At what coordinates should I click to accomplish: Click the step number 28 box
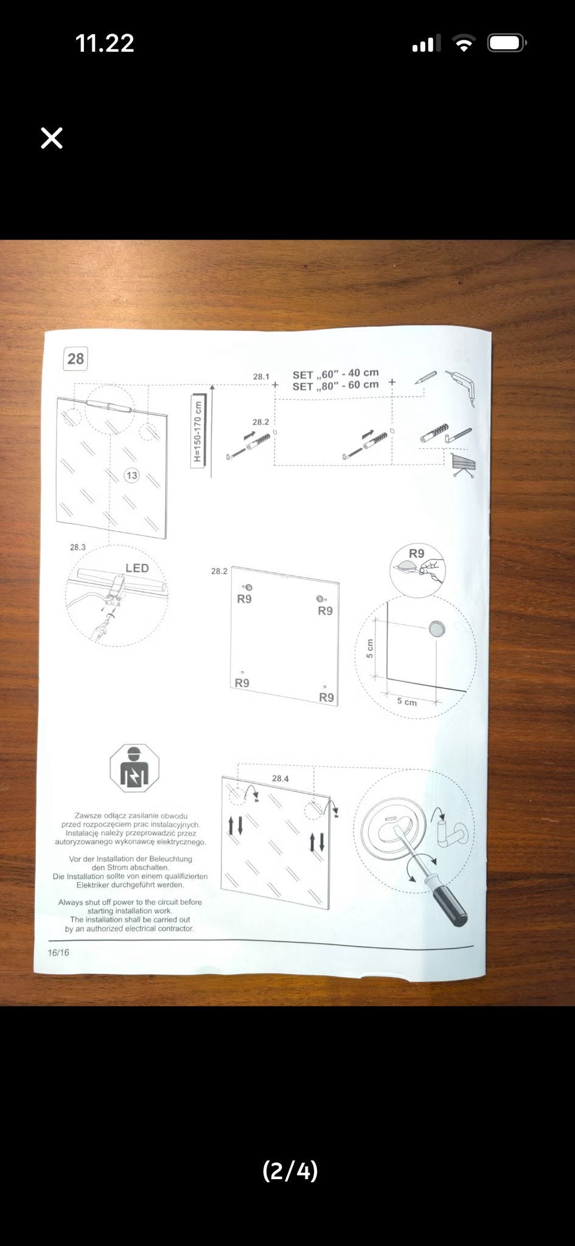[x=75, y=358]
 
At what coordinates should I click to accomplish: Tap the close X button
[x=52, y=138]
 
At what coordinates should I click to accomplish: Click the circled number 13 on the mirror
[x=131, y=475]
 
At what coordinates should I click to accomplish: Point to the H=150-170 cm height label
[x=198, y=431]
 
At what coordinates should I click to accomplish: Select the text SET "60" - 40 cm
[x=335, y=374]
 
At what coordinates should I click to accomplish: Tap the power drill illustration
[x=461, y=387]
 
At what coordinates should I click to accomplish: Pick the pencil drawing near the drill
[x=426, y=377]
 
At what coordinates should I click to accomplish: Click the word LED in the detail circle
[x=137, y=568]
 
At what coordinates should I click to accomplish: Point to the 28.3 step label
[x=78, y=547]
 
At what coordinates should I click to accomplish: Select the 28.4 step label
[x=281, y=778]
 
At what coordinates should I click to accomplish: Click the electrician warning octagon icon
[x=134, y=768]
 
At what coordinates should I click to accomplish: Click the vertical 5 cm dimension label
[x=369, y=649]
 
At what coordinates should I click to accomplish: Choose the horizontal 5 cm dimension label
[x=407, y=701]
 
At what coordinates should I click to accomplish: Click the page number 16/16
[x=58, y=952]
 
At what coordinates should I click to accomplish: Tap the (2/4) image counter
[x=290, y=1170]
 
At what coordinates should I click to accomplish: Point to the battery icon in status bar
[x=507, y=43]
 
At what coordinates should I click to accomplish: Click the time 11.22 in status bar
[x=105, y=43]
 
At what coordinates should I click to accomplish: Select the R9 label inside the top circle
[x=417, y=554]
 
